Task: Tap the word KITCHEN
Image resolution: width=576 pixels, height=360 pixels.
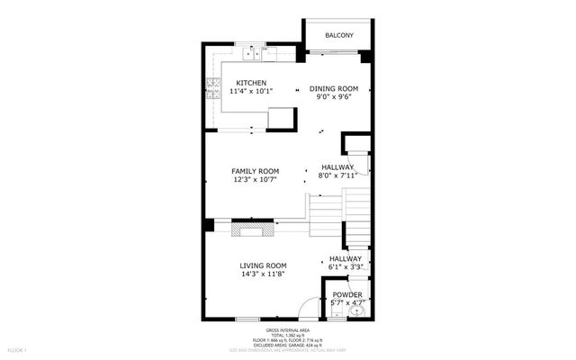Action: [251, 83]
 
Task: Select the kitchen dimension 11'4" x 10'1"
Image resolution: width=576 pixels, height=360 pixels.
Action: [251, 91]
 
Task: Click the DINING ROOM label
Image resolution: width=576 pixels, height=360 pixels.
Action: [334, 88]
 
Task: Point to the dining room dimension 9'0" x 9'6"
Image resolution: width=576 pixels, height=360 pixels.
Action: [334, 97]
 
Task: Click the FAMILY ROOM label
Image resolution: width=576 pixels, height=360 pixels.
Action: [255, 171]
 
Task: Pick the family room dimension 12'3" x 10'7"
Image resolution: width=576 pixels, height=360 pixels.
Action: [255, 180]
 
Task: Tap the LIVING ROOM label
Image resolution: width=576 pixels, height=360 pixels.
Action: [263, 265]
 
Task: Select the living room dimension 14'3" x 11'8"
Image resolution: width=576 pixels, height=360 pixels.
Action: [263, 274]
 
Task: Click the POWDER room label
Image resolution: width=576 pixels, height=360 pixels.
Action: [347, 295]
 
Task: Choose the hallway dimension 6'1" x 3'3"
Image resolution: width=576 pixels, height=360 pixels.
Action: [345, 267]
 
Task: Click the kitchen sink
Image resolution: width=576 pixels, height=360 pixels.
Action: [255, 52]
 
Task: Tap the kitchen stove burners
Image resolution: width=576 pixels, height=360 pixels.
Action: [214, 88]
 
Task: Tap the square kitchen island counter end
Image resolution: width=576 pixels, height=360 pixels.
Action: [281, 118]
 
